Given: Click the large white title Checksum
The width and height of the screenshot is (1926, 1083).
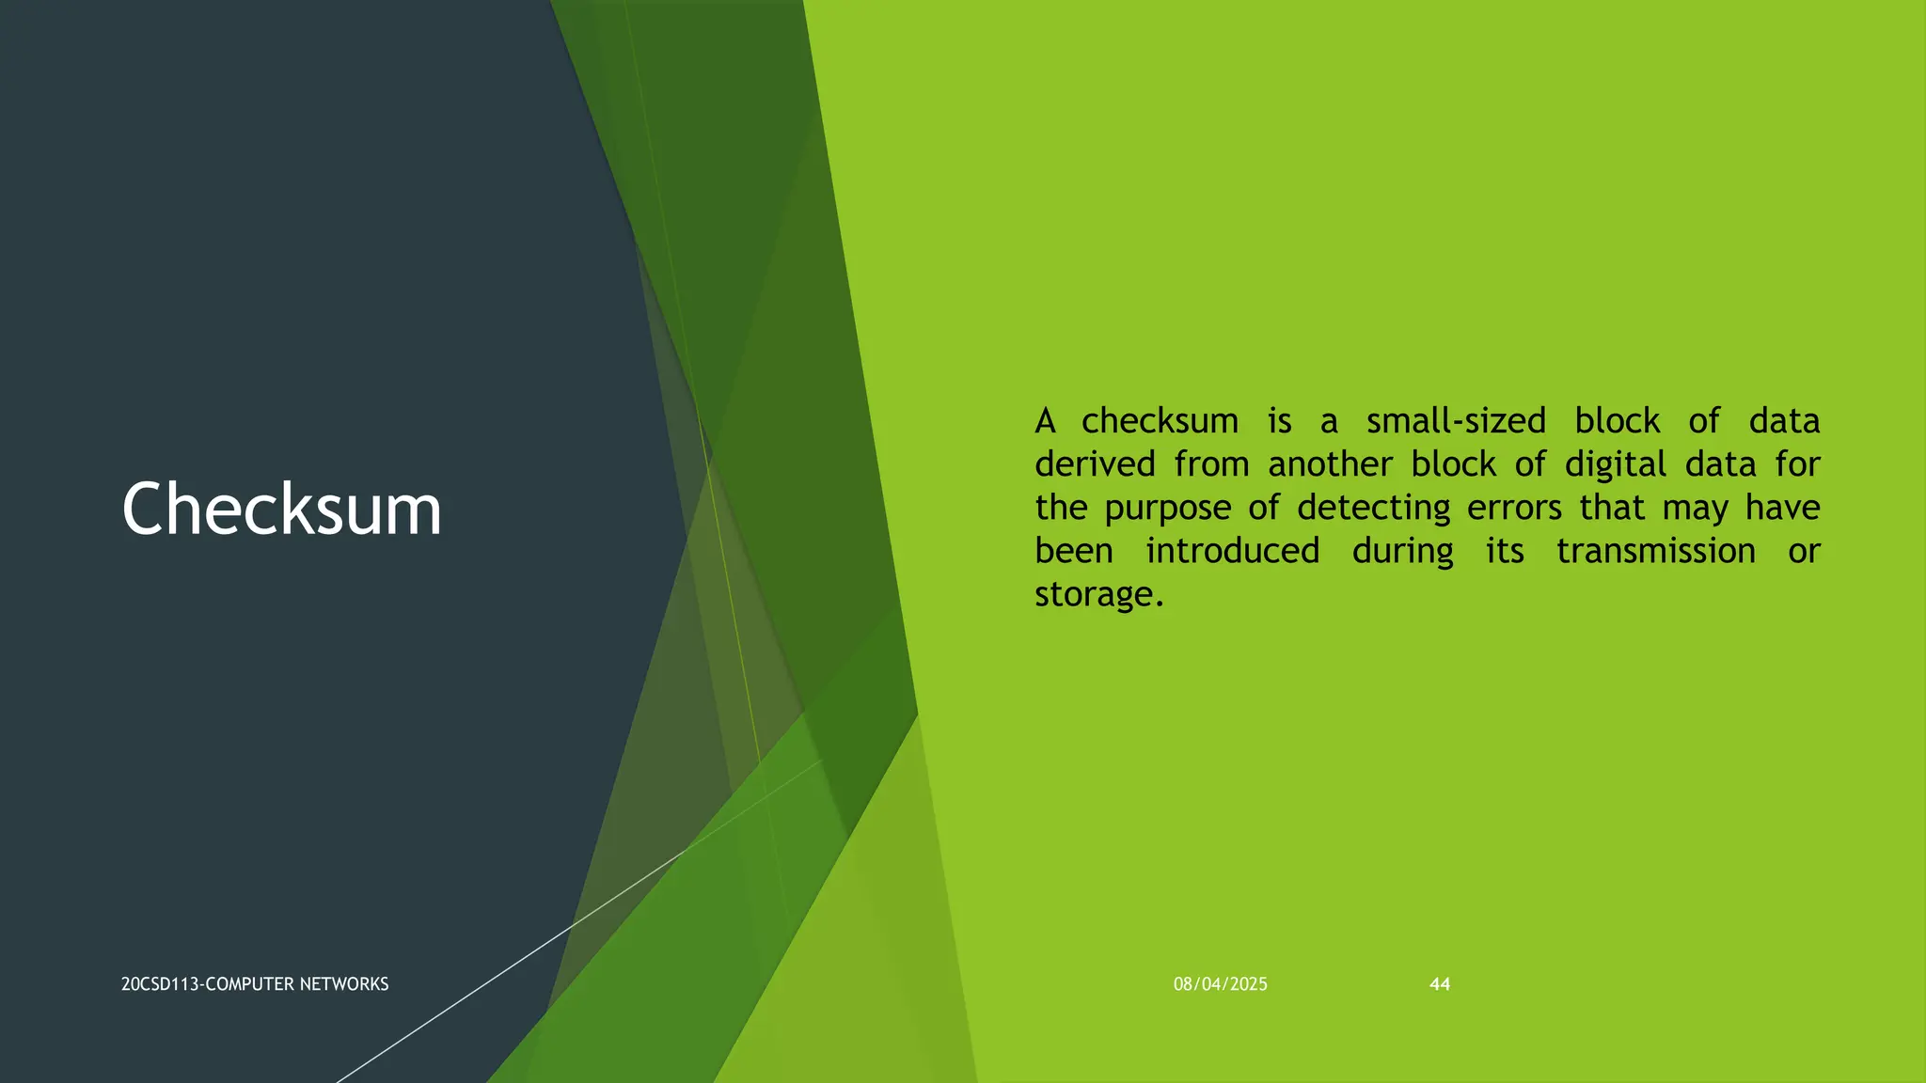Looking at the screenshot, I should pos(281,510).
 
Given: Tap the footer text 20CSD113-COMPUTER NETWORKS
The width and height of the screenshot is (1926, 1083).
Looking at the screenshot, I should pos(255,984).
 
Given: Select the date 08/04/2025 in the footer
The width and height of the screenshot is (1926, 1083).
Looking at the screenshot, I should pos(1220,984).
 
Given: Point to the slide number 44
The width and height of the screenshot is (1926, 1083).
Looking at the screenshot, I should pos(1439,984).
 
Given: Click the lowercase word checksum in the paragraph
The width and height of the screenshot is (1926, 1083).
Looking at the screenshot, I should pos(1160,421).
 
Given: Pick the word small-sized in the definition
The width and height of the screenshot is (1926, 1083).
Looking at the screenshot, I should pos(1456,421).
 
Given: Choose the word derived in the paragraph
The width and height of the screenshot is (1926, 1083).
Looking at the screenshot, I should pos(1095,464).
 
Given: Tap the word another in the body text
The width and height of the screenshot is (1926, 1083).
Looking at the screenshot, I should pos(1330,464).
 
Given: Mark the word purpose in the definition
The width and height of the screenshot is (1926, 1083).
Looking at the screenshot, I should pos(1167,509).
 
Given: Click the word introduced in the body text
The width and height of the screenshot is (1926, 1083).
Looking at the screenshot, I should pos(1232,551).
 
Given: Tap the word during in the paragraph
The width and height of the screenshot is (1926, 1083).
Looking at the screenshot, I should pos(1402,551).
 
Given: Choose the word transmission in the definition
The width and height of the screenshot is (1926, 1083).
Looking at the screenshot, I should pos(1655,551).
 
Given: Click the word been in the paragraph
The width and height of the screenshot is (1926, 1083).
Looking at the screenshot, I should pos(1074,551).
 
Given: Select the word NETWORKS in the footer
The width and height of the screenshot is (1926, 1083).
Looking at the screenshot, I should pos(350,984).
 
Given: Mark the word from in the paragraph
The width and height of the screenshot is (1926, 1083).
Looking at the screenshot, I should pos(1211,464).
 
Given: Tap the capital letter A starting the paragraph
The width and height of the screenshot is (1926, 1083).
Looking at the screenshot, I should pos(1045,421).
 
